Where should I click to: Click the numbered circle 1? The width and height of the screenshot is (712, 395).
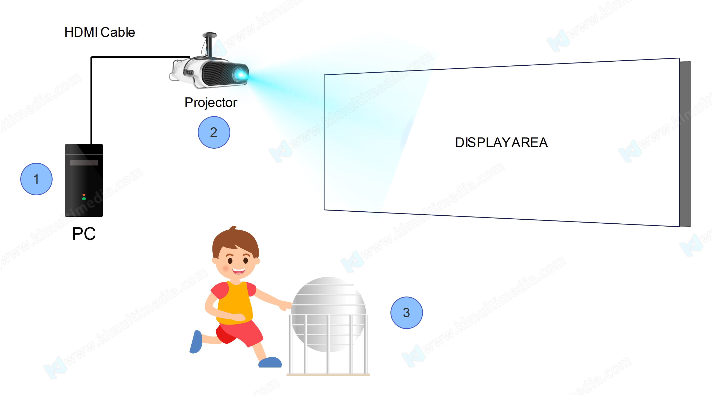(36, 179)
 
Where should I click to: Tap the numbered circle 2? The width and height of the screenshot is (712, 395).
(214, 132)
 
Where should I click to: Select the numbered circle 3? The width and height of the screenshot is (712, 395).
(406, 313)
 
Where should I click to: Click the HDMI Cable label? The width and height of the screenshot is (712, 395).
(100, 32)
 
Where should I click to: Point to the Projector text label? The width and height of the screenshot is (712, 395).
(211, 102)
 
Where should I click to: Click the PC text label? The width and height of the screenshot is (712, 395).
(84, 234)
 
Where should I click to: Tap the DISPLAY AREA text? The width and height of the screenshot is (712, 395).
(501, 143)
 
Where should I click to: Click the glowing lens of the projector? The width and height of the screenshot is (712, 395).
(240, 74)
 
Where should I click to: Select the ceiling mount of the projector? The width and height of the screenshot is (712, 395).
(209, 44)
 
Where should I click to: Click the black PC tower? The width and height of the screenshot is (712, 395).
(84, 180)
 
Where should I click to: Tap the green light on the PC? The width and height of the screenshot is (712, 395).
(84, 199)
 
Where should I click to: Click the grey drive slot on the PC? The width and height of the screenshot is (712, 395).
(84, 163)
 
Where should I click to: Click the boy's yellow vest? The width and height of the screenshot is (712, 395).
(235, 303)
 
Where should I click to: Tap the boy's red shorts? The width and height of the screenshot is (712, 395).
(239, 333)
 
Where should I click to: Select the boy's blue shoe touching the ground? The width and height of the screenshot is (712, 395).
(270, 362)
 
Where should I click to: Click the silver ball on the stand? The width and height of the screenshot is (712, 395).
(328, 315)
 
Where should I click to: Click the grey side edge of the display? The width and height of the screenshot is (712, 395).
(685, 144)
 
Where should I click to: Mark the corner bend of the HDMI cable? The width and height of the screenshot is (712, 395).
(92, 57)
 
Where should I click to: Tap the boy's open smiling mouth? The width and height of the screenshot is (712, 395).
(239, 271)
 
